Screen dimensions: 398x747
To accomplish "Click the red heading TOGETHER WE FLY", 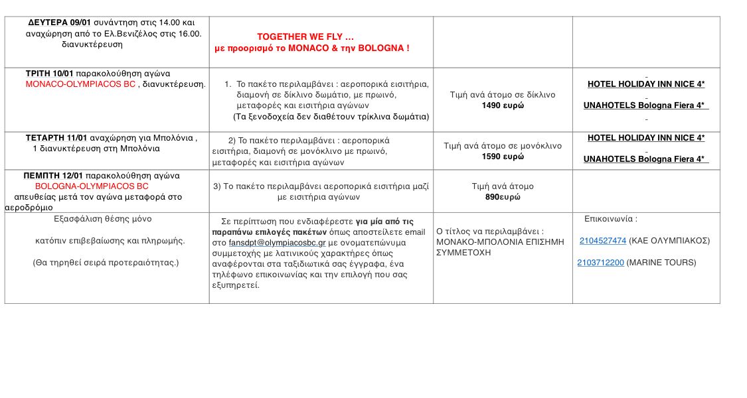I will pos(305,36).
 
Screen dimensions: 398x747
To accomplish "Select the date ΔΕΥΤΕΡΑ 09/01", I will pos(59,23).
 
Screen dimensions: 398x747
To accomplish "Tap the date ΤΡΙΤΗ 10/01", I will pos(49,74).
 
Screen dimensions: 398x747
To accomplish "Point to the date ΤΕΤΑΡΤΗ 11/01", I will pos(56,138).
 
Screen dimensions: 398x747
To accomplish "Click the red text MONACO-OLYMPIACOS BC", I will pos(80,84).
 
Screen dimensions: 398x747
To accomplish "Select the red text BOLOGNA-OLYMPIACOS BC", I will pos(92,186).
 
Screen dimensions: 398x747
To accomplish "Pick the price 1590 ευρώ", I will pos(503,157).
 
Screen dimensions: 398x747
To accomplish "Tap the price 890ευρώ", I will pos(503,197).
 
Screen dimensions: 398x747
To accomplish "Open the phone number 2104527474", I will pos(602,241).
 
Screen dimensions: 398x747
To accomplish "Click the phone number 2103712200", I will pos(600,263).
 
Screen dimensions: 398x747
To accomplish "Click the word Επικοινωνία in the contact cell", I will pos(610,219).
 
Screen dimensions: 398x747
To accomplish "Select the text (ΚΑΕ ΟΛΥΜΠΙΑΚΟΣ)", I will pos(669,241).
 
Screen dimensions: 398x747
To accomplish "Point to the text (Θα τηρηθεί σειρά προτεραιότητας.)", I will pos(106,263).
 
